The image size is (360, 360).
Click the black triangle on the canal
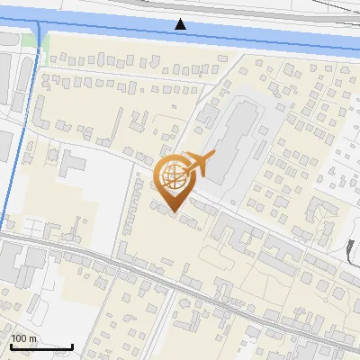point(181,24)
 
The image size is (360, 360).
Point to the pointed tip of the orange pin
point(172,211)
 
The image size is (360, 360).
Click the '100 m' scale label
point(23,337)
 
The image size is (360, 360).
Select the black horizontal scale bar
point(41,346)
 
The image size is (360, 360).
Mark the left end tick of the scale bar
point(11,344)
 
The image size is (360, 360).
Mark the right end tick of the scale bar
point(72,344)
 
